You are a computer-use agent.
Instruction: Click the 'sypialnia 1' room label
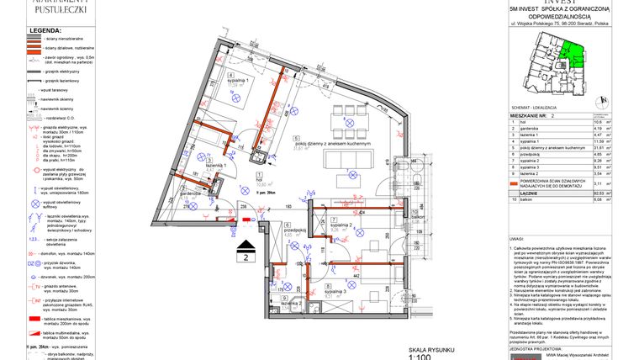pyautogui.click(x=244, y=82)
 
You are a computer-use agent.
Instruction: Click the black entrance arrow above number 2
pyautogui.click(x=246, y=246)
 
